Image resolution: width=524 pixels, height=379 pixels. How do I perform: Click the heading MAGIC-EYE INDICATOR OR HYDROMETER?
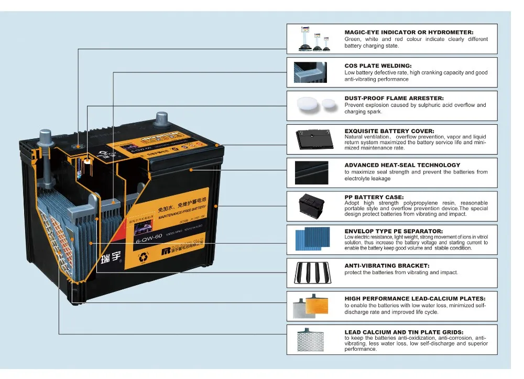coord(409,33)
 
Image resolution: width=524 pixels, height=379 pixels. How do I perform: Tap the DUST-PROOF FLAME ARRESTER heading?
coord(394,98)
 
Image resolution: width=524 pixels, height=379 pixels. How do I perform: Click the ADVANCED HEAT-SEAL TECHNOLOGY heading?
coord(402,165)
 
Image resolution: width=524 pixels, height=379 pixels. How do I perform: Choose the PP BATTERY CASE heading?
coord(374,197)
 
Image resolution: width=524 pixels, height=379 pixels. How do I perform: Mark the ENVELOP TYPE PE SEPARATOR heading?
coord(394,231)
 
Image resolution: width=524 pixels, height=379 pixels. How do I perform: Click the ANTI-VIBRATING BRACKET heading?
coord(387,266)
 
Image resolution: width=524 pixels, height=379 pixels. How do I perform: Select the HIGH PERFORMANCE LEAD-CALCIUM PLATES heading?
coord(414,298)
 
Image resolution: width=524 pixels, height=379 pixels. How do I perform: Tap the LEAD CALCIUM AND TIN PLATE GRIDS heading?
coord(403,332)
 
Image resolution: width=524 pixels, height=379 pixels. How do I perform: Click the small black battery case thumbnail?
coord(313,203)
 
